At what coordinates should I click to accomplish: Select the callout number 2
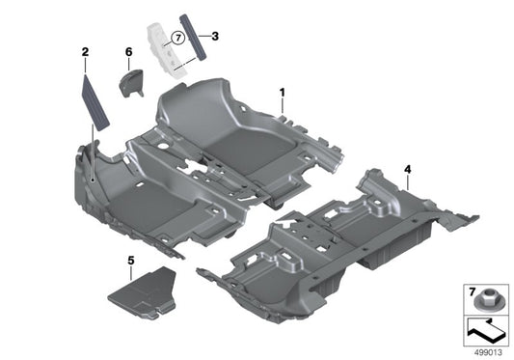(85, 50)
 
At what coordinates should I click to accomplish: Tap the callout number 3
(215, 36)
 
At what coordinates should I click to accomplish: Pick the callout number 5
(131, 261)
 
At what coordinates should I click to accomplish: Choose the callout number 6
(128, 50)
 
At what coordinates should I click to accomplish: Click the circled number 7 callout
(176, 38)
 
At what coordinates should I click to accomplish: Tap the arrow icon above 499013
(486, 330)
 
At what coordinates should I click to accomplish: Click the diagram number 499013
(489, 351)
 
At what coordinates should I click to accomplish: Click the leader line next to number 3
(204, 37)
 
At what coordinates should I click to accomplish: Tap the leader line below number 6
(128, 63)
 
